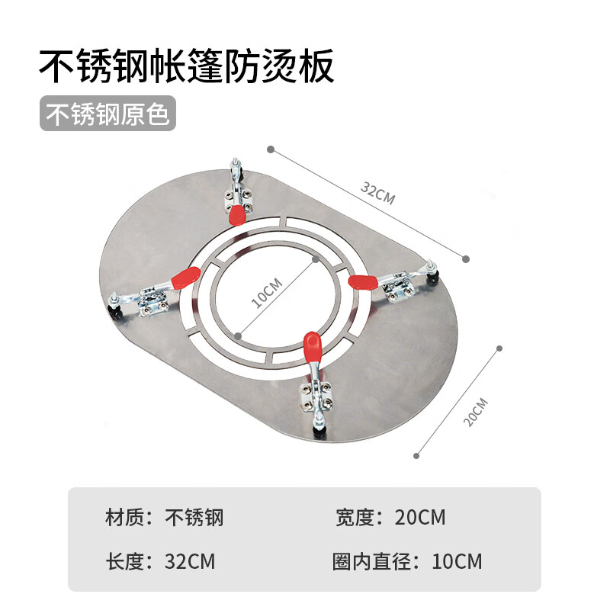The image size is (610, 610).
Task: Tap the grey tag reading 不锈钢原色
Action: click(x=108, y=114)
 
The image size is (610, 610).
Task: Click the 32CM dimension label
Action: click(x=378, y=194)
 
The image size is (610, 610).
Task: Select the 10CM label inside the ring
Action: click(x=267, y=293)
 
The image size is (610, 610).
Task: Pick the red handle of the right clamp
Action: click(x=364, y=282)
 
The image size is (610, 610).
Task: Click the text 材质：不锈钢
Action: click(x=164, y=518)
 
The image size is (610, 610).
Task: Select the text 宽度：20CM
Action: click(x=390, y=518)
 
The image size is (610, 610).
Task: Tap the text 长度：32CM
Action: click(x=160, y=562)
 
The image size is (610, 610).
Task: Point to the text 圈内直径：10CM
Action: click(x=408, y=562)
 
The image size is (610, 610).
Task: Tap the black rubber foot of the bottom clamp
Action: click(x=319, y=432)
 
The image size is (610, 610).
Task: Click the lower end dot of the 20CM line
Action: click(x=416, y=457)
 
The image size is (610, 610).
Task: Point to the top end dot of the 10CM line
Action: click(x=316, y=258)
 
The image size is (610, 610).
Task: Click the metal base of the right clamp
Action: click(x=399, y=287)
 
